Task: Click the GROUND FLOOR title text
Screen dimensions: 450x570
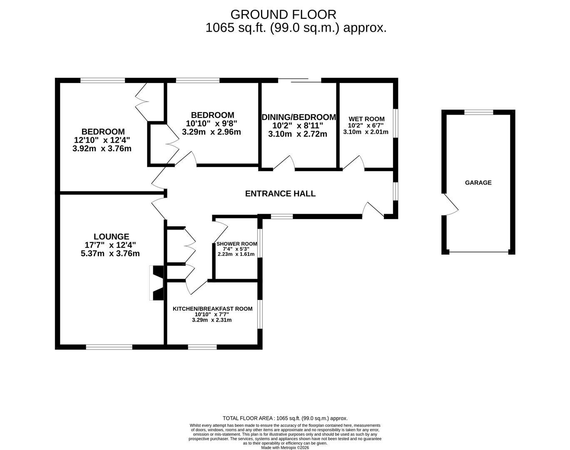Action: click(283, 15)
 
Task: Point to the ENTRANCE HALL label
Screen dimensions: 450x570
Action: click(280, 194)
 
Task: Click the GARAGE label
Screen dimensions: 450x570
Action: click(478, 182)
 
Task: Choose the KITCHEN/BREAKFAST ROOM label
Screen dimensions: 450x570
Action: click(212, 309)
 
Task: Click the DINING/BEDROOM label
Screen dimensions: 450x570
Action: click(299, 117)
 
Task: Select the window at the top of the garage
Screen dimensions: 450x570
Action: click(479, 112)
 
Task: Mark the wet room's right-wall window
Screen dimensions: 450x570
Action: click(396, 123)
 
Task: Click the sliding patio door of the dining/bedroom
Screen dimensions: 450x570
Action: click(300, 80)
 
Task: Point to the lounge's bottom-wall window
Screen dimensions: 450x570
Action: click(109, 347)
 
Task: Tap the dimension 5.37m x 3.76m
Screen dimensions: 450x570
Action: click(110, 253)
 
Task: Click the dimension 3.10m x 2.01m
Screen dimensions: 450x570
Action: click(366, 132)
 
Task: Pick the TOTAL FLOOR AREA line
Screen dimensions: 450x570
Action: click(285, 418)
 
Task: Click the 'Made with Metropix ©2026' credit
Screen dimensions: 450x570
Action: click(285, 447)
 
